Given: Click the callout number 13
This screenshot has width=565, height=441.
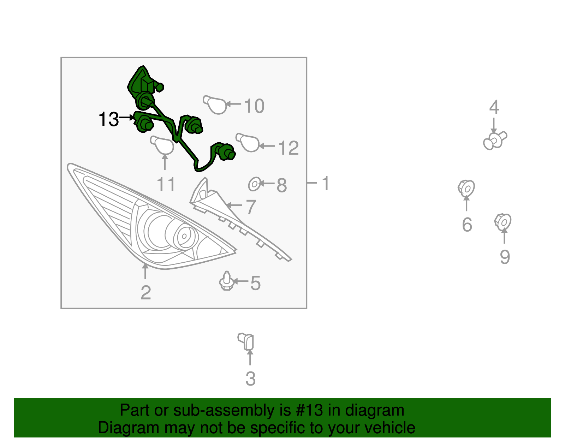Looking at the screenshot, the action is tap(109, 119).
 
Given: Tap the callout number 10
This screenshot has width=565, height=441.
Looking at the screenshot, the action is tap(254, 106).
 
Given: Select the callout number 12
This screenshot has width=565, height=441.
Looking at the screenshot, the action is tap(289, 148).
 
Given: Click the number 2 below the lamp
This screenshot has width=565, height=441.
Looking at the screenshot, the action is tap(146, 293).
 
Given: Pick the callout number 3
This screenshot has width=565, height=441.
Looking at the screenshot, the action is tap(251, 379).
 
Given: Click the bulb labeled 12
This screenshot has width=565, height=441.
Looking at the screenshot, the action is tap(248, 142).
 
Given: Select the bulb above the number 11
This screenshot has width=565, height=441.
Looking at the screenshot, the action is tap(162, 145).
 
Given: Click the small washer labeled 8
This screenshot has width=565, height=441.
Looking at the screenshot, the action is tap(255, 184).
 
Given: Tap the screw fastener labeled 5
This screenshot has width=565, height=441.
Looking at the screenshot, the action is tap(227, 281).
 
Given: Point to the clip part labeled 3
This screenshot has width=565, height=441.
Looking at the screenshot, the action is tap(246, 341).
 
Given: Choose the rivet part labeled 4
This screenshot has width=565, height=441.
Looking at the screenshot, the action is tap(495, 141).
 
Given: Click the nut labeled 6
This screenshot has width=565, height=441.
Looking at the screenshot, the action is tap(466, 188).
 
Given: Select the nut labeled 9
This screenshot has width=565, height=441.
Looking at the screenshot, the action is tap(503, 222).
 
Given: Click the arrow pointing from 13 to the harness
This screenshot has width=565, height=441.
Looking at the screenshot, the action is tap(127, 118).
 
